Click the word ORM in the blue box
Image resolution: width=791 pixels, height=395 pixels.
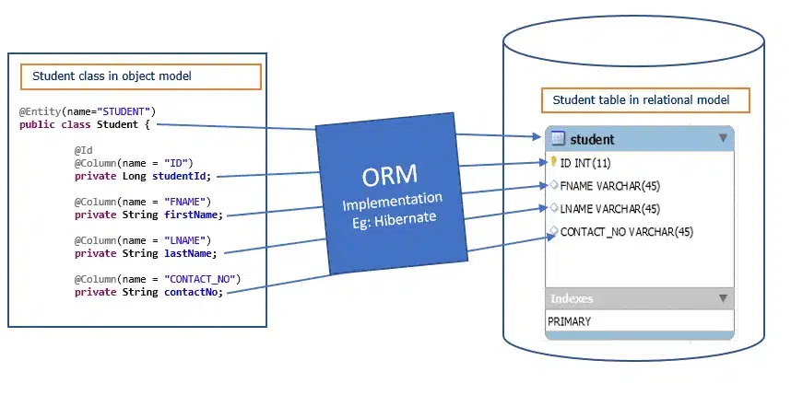(389, 175)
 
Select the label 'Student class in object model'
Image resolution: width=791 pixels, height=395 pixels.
(112, 76)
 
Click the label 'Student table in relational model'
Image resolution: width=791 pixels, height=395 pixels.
(641, 99)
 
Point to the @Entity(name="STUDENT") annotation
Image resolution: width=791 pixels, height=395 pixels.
(88, 111)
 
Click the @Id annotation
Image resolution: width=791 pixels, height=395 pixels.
(84, 150)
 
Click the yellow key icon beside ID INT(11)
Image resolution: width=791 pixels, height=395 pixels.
(553, 162)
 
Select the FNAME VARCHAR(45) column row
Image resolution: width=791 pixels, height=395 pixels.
(610, 186)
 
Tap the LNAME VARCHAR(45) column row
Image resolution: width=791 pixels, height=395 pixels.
(610, 209)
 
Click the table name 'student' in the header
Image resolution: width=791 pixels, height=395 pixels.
(592, 140)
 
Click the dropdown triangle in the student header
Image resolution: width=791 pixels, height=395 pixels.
(724, 137)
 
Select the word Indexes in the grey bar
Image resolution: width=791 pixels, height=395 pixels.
(572, 298)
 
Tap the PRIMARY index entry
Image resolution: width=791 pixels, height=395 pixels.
(569, 321)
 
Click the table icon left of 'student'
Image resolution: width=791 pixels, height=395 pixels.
(558, 138)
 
